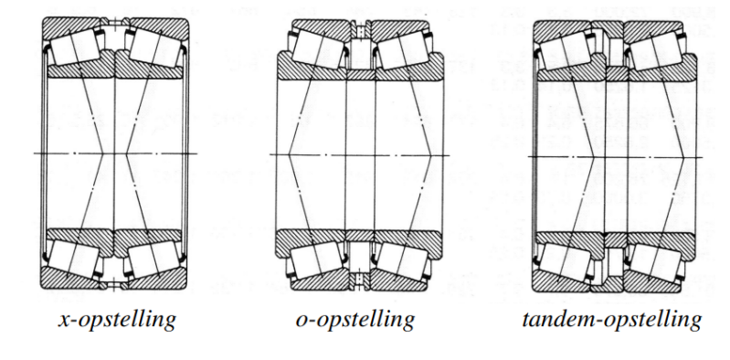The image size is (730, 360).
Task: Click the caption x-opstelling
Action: pyautogui.click(x=117, y=320)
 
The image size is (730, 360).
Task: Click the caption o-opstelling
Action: pyautogui.click(x=354, y=320)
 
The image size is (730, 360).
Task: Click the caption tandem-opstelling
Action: pyautogui.click(x=612, y=320)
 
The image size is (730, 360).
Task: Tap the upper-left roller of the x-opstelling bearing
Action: pyautogui.click(x=75, y=48)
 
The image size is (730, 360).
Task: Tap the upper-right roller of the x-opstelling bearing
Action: pyautogui.click(x=155, y=48)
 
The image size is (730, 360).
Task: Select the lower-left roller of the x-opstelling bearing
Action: pyautogui.click(x=75, y=259)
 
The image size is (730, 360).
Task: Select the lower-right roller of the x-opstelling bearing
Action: pyautogui.click(x=155, y=259)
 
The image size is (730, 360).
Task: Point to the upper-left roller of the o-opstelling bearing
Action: pyautogui.click(x=318, y=49)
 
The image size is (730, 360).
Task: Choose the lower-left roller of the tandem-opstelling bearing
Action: pyautogui.click(x=564, y=262)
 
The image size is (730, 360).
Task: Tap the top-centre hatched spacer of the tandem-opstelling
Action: pyautogui.click(x=607, y=28)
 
